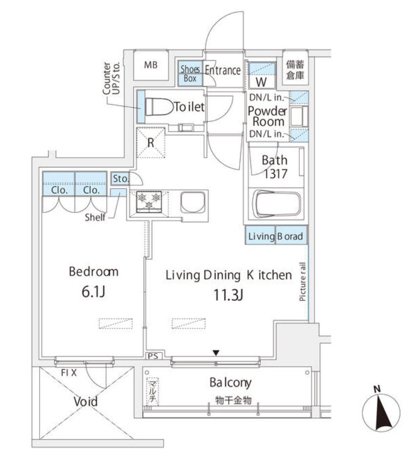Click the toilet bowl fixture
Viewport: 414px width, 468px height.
coord(160,106)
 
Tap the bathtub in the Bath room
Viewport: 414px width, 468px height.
coord(276,204)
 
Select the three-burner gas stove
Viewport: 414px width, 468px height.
coord(149,202)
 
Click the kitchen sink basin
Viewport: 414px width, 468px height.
coord(193,202)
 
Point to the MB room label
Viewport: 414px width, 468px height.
coord(151,65)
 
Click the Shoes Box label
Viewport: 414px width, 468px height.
coord(190,73)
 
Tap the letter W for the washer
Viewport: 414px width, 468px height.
coord(261,82)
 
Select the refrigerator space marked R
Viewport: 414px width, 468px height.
coord(151,143)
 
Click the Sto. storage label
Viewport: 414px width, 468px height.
coord(121,179)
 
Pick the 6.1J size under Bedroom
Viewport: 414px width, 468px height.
coord(93,292)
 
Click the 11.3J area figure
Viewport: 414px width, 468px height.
coord(228,295)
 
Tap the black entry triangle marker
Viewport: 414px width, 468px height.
coord(216,353)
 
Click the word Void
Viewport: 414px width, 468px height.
coord(85,402)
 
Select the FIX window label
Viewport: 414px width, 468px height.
coord(69,372)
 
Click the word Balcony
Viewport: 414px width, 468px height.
coord(230,383)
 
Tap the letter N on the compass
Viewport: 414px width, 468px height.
coord(377,389)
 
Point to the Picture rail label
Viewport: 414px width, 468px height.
coord(303,281)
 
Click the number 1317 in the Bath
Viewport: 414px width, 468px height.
coord(275,174)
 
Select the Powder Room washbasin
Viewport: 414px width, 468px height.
coord(298,116)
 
